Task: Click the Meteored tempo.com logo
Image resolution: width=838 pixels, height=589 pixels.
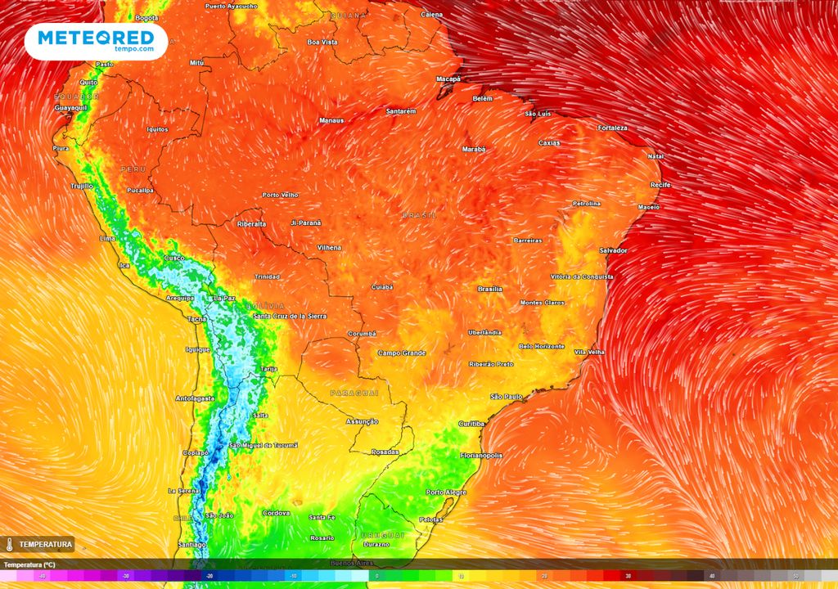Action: click(96, 40)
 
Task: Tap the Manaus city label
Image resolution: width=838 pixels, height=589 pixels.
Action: click(331, 120)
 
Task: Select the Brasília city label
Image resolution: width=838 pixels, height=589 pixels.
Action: click(489, 289)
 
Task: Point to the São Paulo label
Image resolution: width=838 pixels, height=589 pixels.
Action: click(506, 397)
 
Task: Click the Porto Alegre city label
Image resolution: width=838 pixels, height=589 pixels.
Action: click(446, 492)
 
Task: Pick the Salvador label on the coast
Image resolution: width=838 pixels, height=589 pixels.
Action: click(613, 250)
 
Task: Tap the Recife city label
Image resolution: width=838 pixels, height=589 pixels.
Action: click(660, 185)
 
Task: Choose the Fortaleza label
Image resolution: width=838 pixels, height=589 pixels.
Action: click(612, 128)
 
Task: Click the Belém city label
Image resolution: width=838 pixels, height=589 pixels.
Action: click(483, 98)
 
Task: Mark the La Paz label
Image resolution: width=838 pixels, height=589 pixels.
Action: click(223, 298)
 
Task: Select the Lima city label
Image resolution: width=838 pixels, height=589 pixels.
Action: click(107, 238)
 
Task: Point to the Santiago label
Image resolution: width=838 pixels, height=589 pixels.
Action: click(191, 544)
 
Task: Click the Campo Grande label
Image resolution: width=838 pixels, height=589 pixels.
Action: click(402, 353)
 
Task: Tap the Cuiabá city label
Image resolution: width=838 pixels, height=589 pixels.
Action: click(381, 287)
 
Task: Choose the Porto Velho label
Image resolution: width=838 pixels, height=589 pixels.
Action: click(280, 195)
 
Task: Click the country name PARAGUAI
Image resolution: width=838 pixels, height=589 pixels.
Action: click(354, 393)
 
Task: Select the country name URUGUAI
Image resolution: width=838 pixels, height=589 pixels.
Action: click(382, 535)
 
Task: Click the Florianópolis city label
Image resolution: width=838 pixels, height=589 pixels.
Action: click(486, 454)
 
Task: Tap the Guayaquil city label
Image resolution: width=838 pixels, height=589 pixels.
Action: click(70, 108)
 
